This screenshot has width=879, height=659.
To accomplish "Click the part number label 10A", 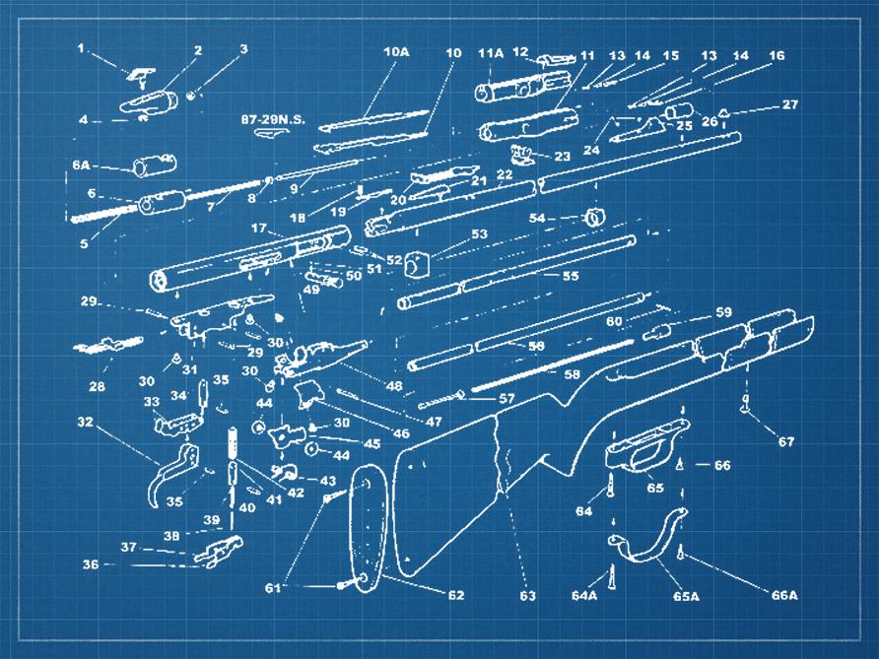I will pos(396,51).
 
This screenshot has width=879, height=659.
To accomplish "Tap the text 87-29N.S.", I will pos(273,119).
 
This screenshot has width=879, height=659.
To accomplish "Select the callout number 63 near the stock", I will pos(527,595).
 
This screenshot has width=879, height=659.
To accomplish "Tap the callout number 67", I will pos(785,442).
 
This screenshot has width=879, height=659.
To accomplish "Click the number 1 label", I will pos(82,47).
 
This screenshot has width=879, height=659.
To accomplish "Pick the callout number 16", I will pos(777,56).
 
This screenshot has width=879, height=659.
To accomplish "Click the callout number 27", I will pos(790,104).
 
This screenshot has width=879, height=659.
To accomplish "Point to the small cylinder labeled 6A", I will pos(155,164).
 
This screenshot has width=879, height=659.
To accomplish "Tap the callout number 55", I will pos(570,277).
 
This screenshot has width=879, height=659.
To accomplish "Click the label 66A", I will pos(784,595).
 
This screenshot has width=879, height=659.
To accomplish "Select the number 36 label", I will pos(91,564).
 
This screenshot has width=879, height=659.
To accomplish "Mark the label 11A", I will pos(490,51).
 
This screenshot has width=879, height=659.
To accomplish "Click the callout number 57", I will pos(507,398).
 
